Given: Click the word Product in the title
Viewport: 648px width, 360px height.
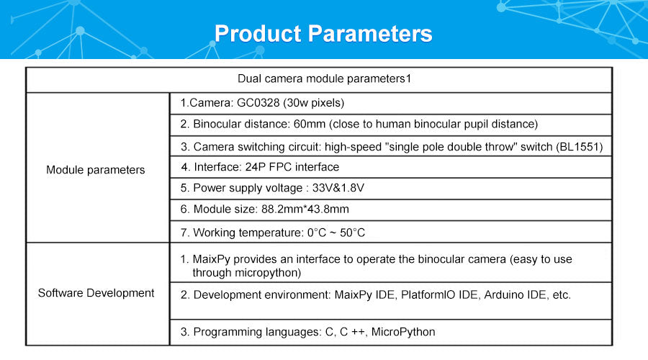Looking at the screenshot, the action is (258, 33).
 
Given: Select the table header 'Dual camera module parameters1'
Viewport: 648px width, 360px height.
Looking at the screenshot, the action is (325, 78).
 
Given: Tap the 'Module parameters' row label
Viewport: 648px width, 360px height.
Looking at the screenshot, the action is (96, 170).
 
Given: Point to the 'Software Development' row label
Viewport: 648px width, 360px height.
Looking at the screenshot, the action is (96, 293).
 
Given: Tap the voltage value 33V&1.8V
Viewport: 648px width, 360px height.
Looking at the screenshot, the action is (338, 188).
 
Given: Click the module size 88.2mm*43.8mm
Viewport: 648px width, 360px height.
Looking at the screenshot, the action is (305, 209).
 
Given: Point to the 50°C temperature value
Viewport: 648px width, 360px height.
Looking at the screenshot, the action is (353, 233).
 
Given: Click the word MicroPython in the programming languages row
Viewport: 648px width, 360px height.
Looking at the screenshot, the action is (403, 332).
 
